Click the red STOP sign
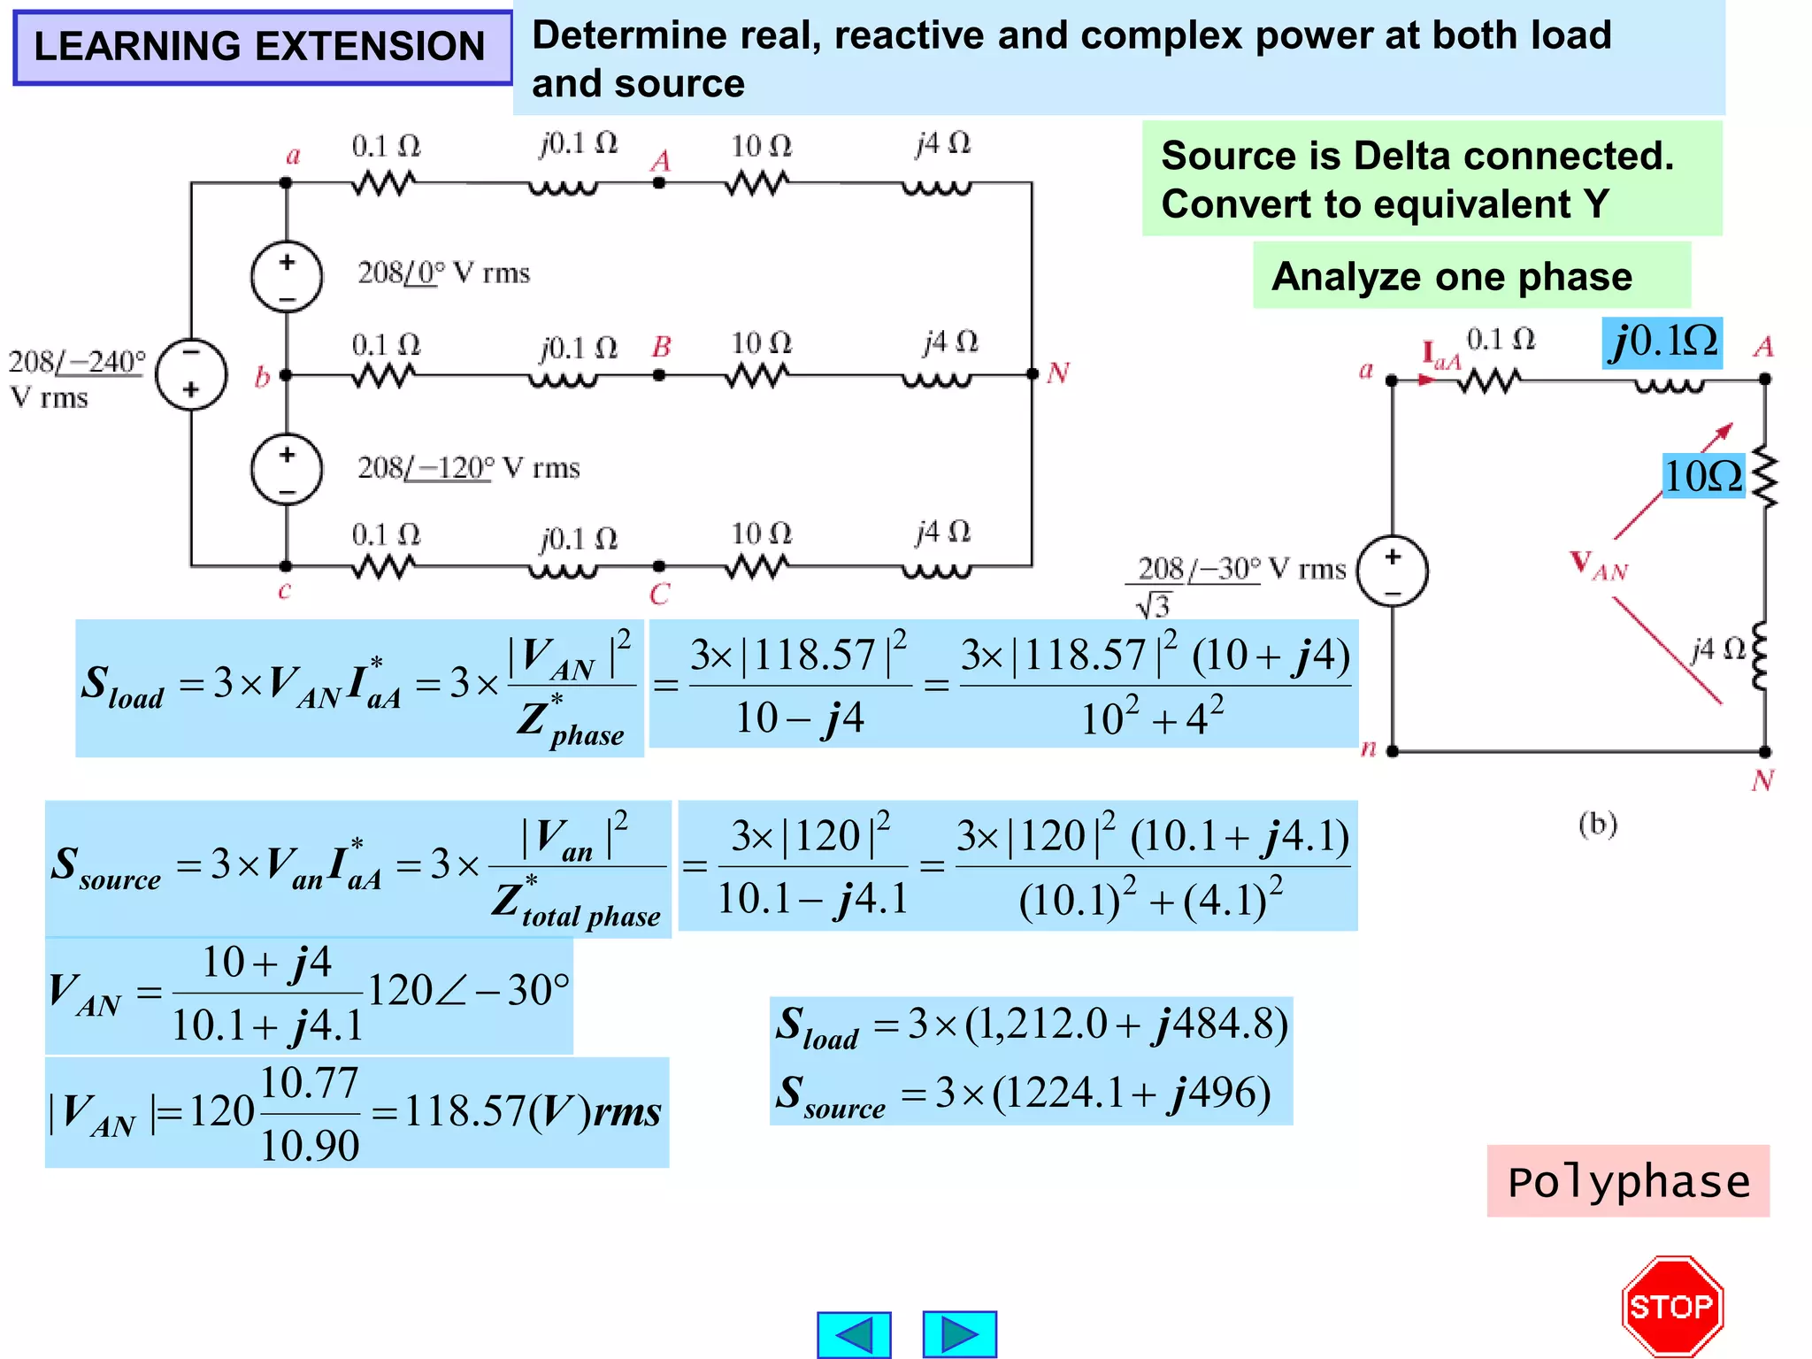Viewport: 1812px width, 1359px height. [x=1672, y=1306]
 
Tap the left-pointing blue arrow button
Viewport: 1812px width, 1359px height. [x=854, y=1334]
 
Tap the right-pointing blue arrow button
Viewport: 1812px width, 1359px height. [x=959, y=1334]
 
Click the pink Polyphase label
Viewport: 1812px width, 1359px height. [x=1628, y=1182]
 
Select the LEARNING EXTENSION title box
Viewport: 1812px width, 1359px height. [x=262, y=47]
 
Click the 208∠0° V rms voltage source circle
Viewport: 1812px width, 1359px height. [x=287, y=276]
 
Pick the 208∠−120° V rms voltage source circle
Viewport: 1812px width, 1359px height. [x=287, y=469]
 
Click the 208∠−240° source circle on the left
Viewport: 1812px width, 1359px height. [x=191, y=374]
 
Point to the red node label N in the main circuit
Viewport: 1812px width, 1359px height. [x=1058, y=373]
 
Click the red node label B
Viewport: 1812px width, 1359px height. [x=661, y=347]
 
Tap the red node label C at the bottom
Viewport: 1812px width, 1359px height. [x=660, y=595]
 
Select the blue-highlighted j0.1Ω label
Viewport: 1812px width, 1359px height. [x=1663, y=342]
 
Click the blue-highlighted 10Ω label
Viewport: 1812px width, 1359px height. [x=1703, y=476]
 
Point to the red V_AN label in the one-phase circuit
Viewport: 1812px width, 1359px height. [x=1599, y=566]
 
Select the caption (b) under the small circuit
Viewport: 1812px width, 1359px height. [x=1598, y=824]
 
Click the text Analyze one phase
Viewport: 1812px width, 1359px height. [x=1452, y=277]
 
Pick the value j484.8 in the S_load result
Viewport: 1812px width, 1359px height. [x=1217, y=1025]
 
